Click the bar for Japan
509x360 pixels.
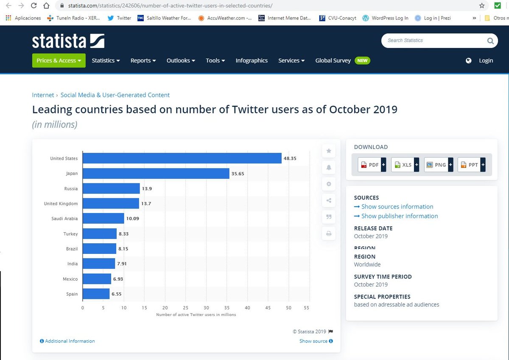click(x=156, y=173)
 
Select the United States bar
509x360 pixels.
click(x=182, y=158)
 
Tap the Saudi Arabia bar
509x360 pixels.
click(x=103, y=219)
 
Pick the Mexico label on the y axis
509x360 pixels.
click(x=70, y=279)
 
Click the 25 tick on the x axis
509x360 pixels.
click(x=186, y=308)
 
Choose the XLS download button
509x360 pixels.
click(x=405, y=165)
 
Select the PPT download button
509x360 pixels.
click(x=471, y=165)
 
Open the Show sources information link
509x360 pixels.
click(x=397, y=207)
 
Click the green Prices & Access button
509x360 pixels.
click(x=59, y=61)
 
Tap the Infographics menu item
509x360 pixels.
click(x=252, y=61)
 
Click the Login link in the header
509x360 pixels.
click(x=486, y=61)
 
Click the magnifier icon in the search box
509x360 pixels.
click(x=490, y=41)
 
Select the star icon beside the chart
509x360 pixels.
click(x=329, y=151)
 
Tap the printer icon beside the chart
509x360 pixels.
click(x=329, y=233)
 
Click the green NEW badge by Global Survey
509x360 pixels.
click(x=362, y=61)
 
